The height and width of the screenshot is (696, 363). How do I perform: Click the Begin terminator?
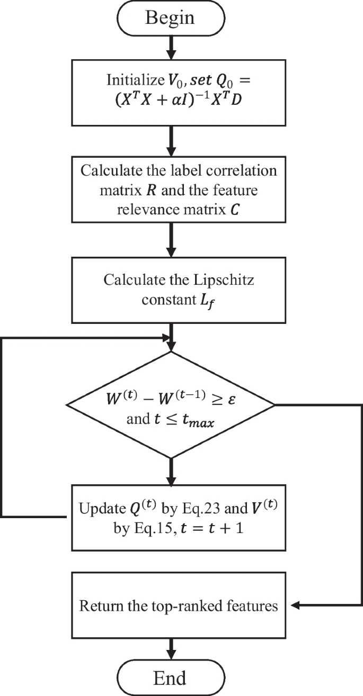pyautogui.click(x=170, y=17)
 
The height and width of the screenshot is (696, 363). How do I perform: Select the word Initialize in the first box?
pyautogui.click(x=131, y=80)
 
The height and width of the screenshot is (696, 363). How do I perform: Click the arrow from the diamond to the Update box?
pyautogui.click(x=170, y=471)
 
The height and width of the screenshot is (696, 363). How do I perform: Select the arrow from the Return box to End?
pyautogui.click(x=170, y=647)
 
